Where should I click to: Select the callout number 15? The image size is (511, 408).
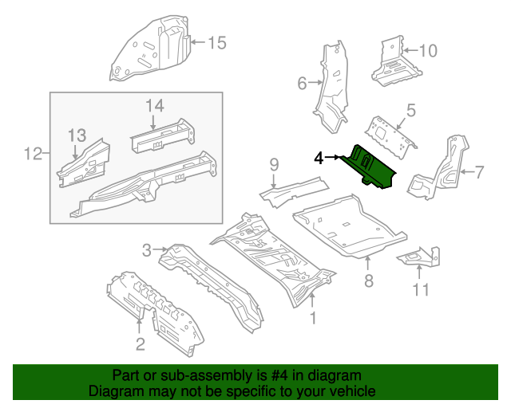217,43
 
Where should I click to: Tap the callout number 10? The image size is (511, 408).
428,51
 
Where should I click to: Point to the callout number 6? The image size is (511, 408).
303,83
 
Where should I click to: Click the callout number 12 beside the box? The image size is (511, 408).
33,152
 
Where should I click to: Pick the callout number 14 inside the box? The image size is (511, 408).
154,106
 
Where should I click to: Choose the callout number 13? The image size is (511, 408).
76,135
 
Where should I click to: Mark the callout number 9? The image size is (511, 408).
274,165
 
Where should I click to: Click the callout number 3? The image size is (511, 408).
146,251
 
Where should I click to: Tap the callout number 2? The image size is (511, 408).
140,344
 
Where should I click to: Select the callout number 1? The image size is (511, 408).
313,318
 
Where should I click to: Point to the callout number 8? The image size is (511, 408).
368,280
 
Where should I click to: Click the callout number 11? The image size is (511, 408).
420,289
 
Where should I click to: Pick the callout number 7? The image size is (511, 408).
481,171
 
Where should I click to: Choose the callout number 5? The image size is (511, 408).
410,110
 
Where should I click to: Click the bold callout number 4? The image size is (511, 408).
318,159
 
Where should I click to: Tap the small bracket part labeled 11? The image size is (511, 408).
418,257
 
